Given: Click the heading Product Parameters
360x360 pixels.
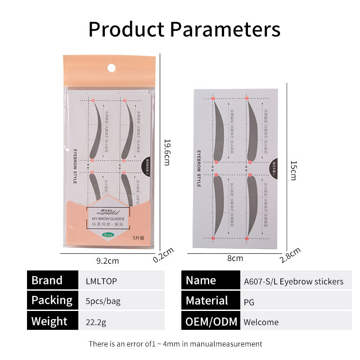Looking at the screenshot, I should click(x=184, y=29).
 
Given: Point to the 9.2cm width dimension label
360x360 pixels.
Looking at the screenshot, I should click(x=108, y=261).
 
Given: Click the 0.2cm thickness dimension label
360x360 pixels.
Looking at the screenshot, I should click(x=162, y=256).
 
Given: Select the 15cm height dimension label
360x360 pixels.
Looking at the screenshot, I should click(x=293, y=171).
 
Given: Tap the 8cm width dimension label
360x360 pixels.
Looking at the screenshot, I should click(x=235, y=258).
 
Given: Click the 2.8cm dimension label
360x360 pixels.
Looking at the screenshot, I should click(x=290, y=255).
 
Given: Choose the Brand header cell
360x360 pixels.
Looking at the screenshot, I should click(x=52, y=280).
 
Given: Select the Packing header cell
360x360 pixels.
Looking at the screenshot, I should click(x=52, y=300).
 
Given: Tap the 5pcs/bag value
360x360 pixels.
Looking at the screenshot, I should click(x=103, y=301).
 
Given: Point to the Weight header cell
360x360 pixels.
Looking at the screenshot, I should click(x=52, y=321).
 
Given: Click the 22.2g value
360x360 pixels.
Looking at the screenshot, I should click(x=95, y=322).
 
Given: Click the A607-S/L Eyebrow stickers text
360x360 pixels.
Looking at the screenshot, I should click(x=293, y=282).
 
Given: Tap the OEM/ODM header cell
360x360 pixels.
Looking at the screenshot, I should click(x=210, y=321).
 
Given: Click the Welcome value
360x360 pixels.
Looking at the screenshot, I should click(x=261, y=322).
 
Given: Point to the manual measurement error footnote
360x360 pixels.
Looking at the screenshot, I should click(x=175, y=344).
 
